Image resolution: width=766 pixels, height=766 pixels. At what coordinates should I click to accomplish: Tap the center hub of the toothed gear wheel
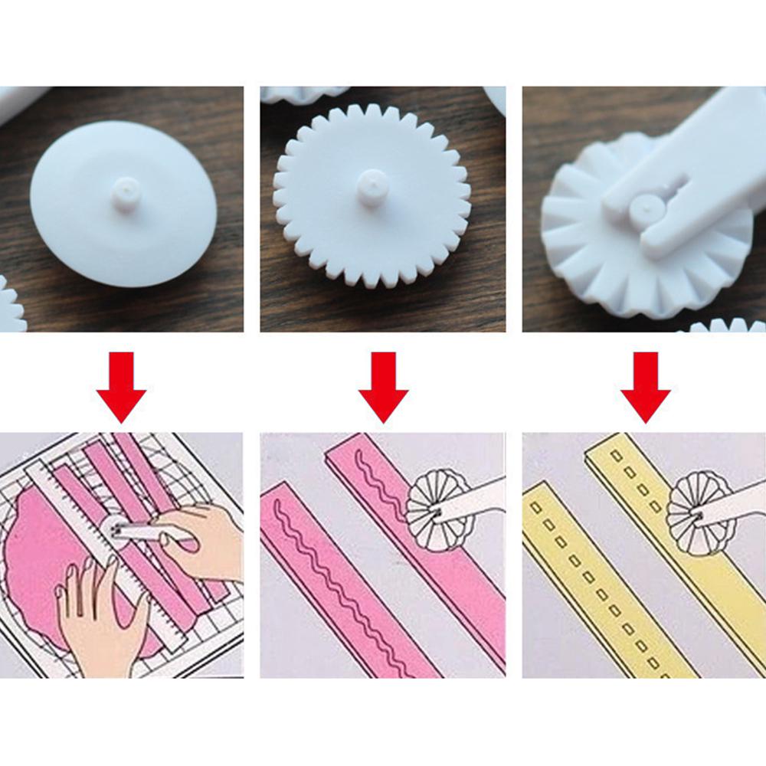pos(372,187)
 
